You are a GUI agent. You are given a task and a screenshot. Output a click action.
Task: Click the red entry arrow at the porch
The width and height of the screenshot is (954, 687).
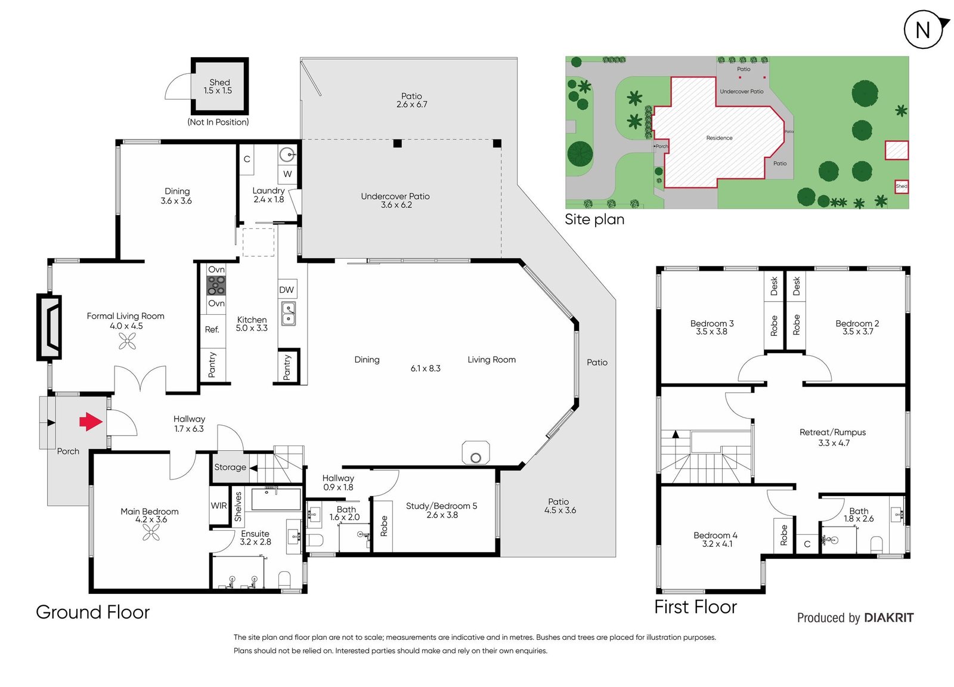pyautogui.click(x=91, y=422)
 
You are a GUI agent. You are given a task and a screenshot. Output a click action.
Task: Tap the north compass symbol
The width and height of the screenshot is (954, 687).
pyautogui.click(x=922, y=29)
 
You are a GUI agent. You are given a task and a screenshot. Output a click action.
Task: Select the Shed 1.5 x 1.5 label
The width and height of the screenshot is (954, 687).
pyautogui.click(x=218, y=86)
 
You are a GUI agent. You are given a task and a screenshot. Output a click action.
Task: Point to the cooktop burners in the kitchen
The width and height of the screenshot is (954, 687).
pyautogui.click(x=216, y=286)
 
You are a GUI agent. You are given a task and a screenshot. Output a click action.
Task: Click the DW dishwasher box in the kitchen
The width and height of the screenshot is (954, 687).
pyautogui.click(x=287, y=290)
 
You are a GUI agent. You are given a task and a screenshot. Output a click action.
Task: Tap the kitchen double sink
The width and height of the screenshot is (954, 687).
pyautogui.click(x=289, y=314)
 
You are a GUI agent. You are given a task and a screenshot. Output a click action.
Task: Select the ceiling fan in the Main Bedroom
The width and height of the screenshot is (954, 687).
pyautogui.click(x=151, y=533)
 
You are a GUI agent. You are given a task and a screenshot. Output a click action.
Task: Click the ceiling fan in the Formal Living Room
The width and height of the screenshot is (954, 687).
pyautogui.click(x=128, y=341)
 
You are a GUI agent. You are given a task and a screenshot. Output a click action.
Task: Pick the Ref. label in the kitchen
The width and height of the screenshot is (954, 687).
pyautogui.click(x=212, y=329)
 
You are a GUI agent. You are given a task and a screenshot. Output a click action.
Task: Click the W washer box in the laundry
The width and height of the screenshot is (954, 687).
pyautogui.click(x=287, y=174)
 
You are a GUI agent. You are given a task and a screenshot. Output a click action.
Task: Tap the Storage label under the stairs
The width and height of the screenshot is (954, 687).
pyautogui.click(x=230, y=467)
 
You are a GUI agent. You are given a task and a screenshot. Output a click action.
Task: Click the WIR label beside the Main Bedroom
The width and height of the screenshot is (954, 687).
pyautogui.click(x=219, y=506)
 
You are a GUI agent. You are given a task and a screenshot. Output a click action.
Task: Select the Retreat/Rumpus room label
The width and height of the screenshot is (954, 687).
pyautogui.click(x=833, y=437)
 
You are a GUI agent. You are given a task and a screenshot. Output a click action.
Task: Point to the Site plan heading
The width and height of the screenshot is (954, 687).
pyautogui.click(x=594, y=219)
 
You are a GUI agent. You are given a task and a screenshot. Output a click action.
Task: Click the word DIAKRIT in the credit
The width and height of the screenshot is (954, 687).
pyautogui.click(x=889, y=618)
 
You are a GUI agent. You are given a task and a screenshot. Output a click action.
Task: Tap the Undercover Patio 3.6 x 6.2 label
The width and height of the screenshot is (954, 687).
pyautogui.click(x=396, y=200)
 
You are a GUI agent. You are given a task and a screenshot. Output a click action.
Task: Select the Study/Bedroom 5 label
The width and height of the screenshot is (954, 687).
pyautogui.click(x=442, y=510)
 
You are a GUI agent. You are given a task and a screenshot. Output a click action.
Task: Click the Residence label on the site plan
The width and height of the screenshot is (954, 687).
pyautogui.click(x=719, y=138)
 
